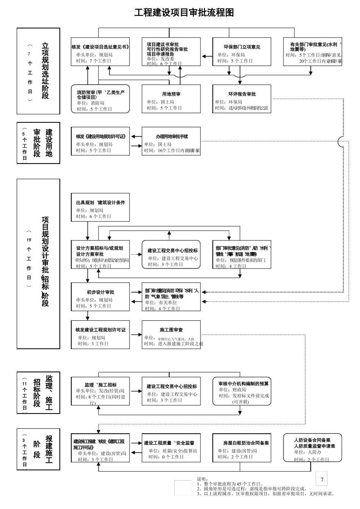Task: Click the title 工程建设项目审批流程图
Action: [x=184, y=12]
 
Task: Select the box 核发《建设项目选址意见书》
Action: [x=100, y=52]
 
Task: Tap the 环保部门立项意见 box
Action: [x=242, y=52]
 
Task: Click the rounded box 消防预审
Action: [x=100, y=99]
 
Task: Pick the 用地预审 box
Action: [x=171, y=99]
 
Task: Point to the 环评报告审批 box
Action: [x=242, y=99]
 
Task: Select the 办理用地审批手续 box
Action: [x=171, y=141]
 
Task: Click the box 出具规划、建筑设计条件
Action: [x=100, y=208]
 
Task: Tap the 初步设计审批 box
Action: [x=100, y=297]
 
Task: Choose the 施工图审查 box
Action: [x=171, y=335]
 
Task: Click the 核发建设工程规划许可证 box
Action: [x=100, y=335]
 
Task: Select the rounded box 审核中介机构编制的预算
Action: [x=242, y=391]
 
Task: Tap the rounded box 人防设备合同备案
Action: [x=312, y=448]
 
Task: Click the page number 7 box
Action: [x=322, y=479]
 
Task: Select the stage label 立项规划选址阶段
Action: [x=38, y=71]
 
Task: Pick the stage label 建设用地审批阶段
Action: [x=38, y=143]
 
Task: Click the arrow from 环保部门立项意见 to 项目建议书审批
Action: [x=207, y=56]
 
